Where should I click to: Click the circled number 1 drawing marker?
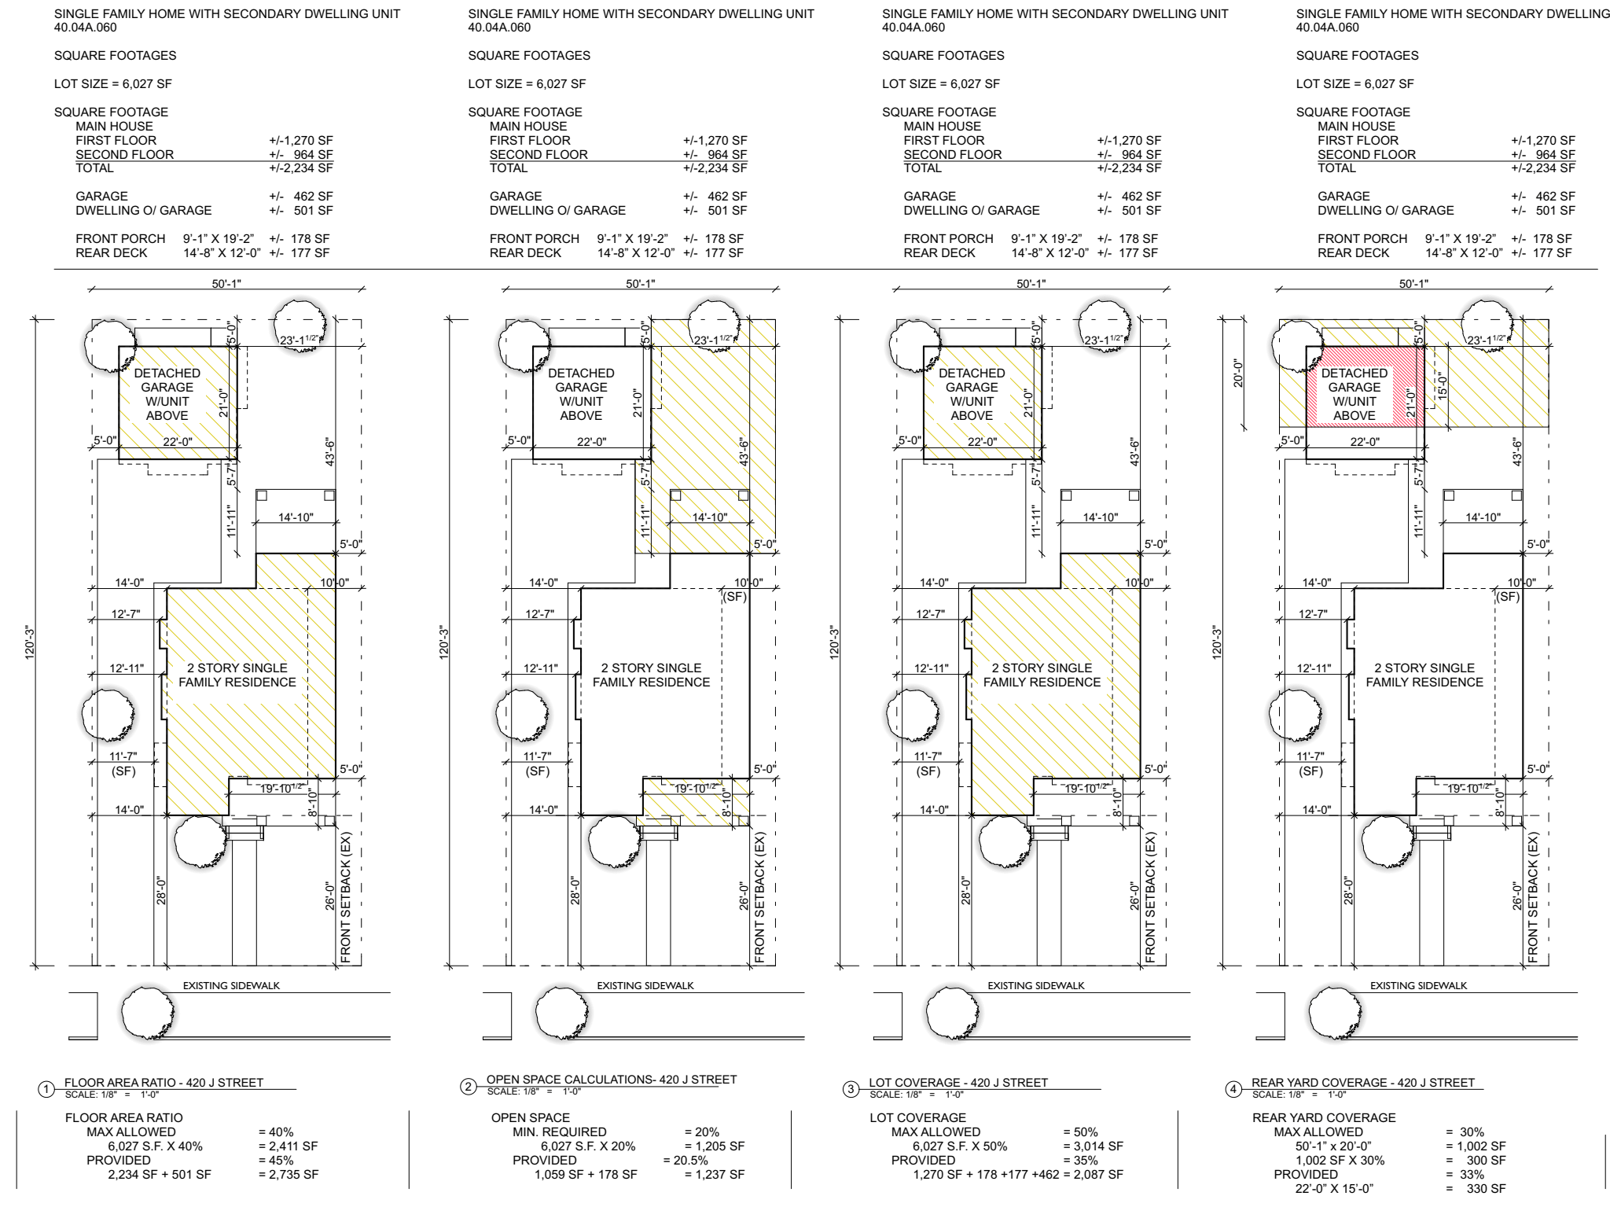[46, 1090]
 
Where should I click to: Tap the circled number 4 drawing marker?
[1233, 1090]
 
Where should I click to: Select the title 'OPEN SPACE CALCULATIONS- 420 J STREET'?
[612, 1080]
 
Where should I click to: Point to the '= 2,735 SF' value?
[288, 1175]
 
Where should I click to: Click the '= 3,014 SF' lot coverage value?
[1093, 1146]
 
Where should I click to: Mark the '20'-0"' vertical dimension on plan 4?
[1237, 373]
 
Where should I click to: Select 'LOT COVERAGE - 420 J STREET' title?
[958, 1083]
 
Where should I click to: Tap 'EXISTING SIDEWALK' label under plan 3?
[1036, 985]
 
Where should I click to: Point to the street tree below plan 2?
[562, 1013]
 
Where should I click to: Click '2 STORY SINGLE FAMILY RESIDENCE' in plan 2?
[651, 675]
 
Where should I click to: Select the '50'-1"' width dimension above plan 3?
[1031, 284]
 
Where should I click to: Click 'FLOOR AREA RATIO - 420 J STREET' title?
[164, 1083]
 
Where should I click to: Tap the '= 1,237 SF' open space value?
[715, 1175]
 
